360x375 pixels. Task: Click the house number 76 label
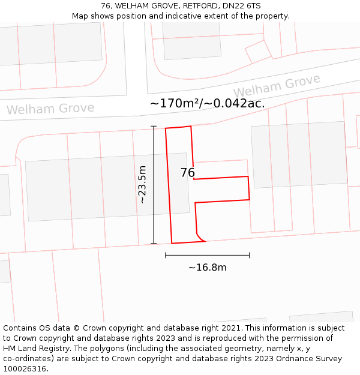[x=187, y=173]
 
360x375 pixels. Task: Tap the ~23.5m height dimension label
[x=142, y=185]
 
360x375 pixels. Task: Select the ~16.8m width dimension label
[x=207, y=268]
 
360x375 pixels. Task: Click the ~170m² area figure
[x=175, y=103]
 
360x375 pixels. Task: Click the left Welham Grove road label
[x=50, y=109]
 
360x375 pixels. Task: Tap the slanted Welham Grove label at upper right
[x=277, y=85]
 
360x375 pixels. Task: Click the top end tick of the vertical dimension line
[x=154, y=127]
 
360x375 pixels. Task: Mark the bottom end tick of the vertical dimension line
[x=154, y=244]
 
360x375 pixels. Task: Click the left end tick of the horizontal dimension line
[x=166, y=256]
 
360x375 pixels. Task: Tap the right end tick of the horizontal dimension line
[x=249, y=256]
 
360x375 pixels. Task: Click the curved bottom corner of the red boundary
[x=200, y=238]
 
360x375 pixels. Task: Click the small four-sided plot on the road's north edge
[x=259, y=51]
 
